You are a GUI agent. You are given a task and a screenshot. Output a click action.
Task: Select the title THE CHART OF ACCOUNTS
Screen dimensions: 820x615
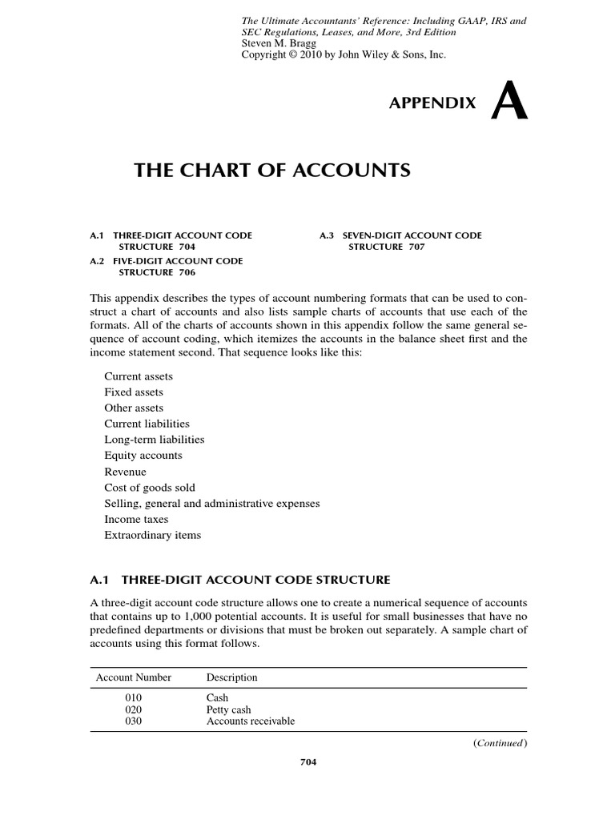point(271,170)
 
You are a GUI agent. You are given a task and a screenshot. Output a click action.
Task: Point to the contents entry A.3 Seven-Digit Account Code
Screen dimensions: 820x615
point(400,241)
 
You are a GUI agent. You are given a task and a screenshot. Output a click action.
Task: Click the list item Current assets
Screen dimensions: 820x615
point(139,376)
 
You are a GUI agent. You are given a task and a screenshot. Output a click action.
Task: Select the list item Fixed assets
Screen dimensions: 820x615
point(134,392)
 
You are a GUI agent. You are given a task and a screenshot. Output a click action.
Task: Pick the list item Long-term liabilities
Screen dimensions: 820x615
point(155,440)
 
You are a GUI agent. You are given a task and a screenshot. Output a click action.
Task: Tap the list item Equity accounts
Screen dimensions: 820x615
point(143,456)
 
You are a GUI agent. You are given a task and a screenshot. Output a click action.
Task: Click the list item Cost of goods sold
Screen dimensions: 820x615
point(150,488)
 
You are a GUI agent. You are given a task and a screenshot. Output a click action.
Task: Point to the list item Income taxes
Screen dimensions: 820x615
point(137,519)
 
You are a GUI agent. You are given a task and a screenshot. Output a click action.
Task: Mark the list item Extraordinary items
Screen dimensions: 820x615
point(153,535)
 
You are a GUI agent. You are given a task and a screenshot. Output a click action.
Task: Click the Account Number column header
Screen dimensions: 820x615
point(134,677)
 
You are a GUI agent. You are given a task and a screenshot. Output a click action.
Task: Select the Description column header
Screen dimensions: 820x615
point(232,677)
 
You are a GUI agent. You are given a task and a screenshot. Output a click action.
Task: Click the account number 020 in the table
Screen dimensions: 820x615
point(133,709)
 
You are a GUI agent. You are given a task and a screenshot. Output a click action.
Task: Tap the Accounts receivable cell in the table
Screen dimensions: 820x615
point(251,721)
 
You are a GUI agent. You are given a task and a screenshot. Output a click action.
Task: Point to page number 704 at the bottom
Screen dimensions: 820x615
point(308,762)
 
